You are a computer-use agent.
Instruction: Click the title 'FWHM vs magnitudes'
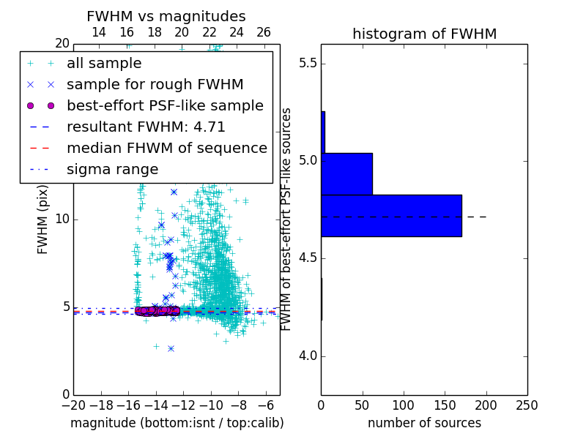[166, 16]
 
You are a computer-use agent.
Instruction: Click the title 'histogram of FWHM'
[424, 34]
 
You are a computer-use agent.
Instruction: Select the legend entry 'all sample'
[104, 64]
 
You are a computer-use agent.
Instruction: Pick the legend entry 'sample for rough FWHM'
[155, 84]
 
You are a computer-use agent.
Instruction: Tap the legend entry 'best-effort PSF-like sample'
[165, 105]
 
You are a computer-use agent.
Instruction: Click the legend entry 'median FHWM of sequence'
[166, 148]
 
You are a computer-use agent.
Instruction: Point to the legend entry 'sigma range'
[112, 169]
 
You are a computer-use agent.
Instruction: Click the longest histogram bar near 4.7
[391, 215]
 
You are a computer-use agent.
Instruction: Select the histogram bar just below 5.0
[346, 173]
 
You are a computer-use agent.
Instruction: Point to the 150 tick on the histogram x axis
[445, 405]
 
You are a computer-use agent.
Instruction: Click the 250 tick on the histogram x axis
[527, 405]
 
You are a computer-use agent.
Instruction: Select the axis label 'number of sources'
[424, 423]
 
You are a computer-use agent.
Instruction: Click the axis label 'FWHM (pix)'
[43, 219]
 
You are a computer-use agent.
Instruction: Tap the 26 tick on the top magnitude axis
[264, 32]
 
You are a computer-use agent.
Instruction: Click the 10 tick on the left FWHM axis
[62, 219]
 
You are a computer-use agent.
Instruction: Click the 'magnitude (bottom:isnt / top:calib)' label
[177, 423]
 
